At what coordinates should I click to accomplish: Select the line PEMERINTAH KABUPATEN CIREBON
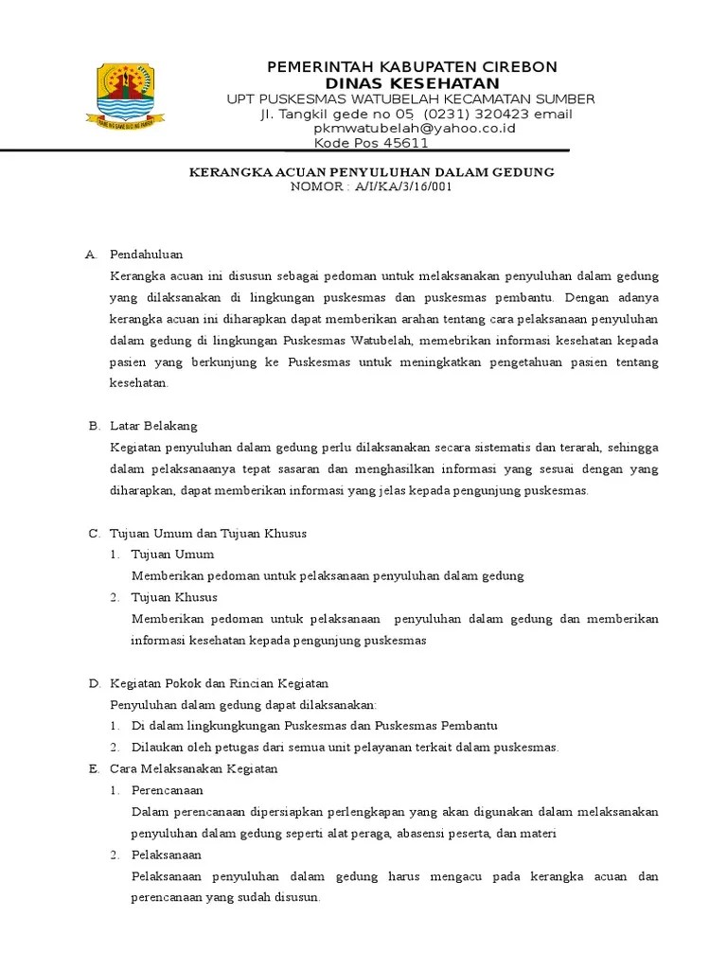point(412,66)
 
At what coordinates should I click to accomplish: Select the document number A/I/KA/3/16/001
point(403,186)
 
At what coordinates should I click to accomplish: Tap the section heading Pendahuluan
point(146,255)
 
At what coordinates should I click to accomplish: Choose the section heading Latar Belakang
point(153,426)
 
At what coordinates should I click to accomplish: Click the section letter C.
point(94,533)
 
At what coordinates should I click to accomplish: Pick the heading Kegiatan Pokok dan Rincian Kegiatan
point(219,682)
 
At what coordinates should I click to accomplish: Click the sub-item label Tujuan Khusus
point(175,597)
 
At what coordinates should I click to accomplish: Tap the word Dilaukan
point(154,747)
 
